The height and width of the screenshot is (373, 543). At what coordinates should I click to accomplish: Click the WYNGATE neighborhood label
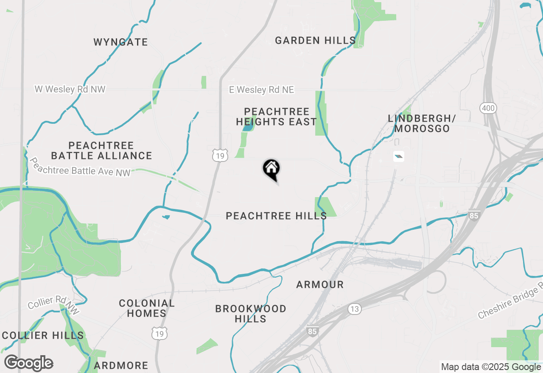pos(121,42)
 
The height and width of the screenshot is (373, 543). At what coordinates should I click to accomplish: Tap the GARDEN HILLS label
pos(315,41)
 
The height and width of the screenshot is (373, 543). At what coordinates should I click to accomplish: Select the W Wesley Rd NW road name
pos(70,89)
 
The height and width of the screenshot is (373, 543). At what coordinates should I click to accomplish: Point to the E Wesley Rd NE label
pos(261,90)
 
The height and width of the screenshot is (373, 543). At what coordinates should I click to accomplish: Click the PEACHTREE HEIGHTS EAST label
pos(277,117)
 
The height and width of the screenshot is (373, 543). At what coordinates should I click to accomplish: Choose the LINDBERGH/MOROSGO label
pos(421,123)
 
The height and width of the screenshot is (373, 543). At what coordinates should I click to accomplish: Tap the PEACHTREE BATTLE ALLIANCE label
pos(101,151)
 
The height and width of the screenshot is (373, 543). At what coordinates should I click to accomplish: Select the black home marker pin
pos(271,169)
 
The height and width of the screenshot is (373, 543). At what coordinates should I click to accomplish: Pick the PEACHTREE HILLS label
pos(276,216)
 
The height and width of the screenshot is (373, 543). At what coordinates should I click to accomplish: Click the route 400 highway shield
pos(488,108)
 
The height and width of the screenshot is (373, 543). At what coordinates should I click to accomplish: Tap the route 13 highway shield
pos(355,309)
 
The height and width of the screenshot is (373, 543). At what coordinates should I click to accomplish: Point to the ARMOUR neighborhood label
pos(320,284)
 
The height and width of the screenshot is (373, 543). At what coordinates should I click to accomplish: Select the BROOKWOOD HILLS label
pos(251,314)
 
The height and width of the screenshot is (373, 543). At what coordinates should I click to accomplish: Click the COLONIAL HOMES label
pos(147,308)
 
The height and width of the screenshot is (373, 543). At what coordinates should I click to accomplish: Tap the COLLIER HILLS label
pos(43,335)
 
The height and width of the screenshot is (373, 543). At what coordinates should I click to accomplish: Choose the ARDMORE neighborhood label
pos(121,365)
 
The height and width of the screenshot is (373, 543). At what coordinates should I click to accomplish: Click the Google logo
pos(28,363)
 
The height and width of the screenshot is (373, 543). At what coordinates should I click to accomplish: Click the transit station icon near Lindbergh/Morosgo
pos(398,156)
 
